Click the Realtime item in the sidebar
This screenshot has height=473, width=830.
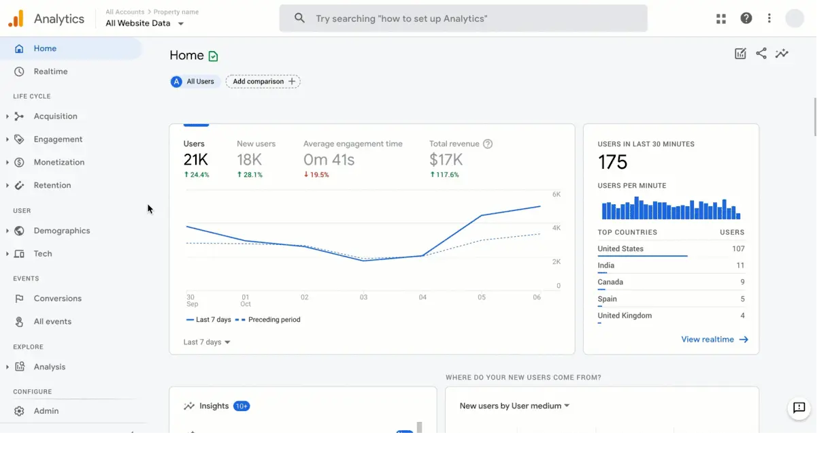pos(50,71)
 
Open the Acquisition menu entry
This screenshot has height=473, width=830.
pos(55,116)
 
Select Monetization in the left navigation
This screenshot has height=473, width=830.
pos(59,162)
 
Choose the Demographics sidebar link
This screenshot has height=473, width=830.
pos(61,231)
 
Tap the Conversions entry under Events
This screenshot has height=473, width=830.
pos(57,298)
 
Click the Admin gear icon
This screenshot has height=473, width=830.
pos(19,411)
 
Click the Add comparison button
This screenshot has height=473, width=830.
pos(263,82)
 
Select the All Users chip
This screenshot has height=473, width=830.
pos(195,82)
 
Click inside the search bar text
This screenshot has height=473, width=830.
pos(401,18)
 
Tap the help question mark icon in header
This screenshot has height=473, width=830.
pos(746,18)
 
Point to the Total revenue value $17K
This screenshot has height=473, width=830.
pos(446,160)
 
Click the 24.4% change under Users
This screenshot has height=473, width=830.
pos(197,175)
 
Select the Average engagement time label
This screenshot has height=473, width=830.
pos(352,144)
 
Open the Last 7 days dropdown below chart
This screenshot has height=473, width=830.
pos(207,342)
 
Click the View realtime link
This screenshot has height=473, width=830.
pos(714,340)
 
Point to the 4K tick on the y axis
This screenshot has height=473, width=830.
pos(556,228)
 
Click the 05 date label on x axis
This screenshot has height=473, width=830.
pos(482,297)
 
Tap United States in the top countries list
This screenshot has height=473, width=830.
pos(620,249)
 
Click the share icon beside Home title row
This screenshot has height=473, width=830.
pos(761,54)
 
